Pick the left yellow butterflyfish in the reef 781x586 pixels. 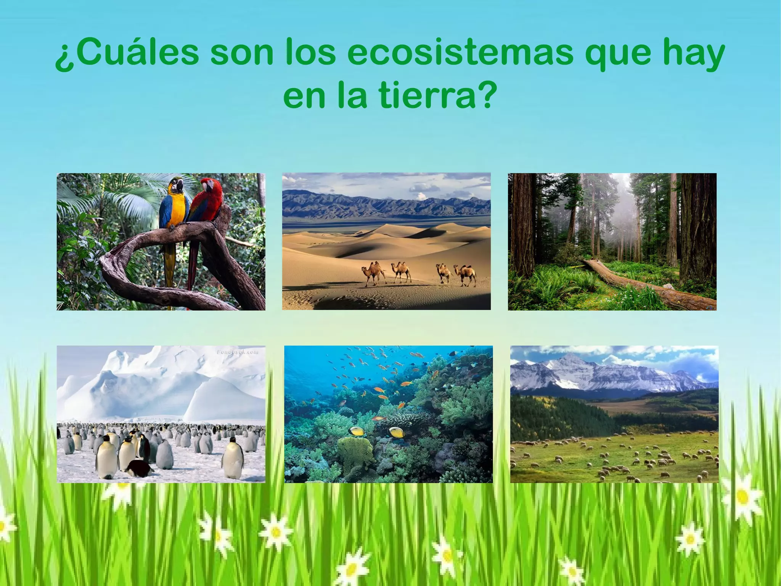click(357, 431)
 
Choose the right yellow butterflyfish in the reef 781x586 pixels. click(395, 432)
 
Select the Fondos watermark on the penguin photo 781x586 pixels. click(237, 352)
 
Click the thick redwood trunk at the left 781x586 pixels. click(522, 225)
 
